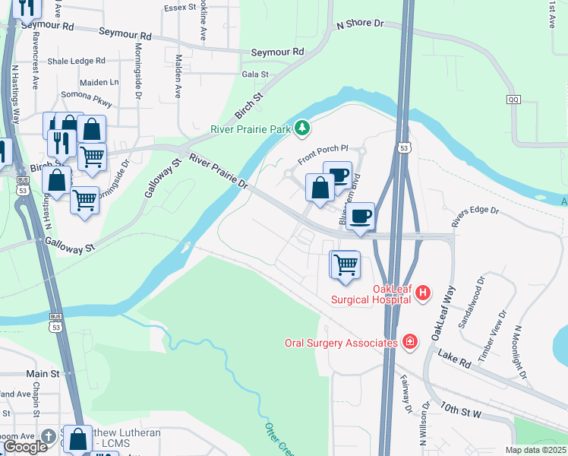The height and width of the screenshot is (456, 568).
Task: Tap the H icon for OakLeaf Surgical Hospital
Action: (x=424, y=292)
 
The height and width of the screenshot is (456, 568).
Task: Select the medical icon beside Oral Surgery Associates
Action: (x=411, y=342)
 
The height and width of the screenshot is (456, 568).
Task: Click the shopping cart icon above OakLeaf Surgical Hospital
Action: (x=346, y=265)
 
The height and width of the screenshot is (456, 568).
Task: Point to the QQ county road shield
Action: (x=514, y=100)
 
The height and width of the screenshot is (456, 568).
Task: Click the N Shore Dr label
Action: (x=359, y=24)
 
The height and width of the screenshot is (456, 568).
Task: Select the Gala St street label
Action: (x=255, y=74)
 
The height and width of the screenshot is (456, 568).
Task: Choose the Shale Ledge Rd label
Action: (x=76, y=62)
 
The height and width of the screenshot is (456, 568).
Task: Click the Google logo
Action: (x=24, y=447)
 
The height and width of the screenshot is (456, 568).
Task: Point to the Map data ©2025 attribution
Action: (x=535, y=450)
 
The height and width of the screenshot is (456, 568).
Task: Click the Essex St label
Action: (x=180, y=8)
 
